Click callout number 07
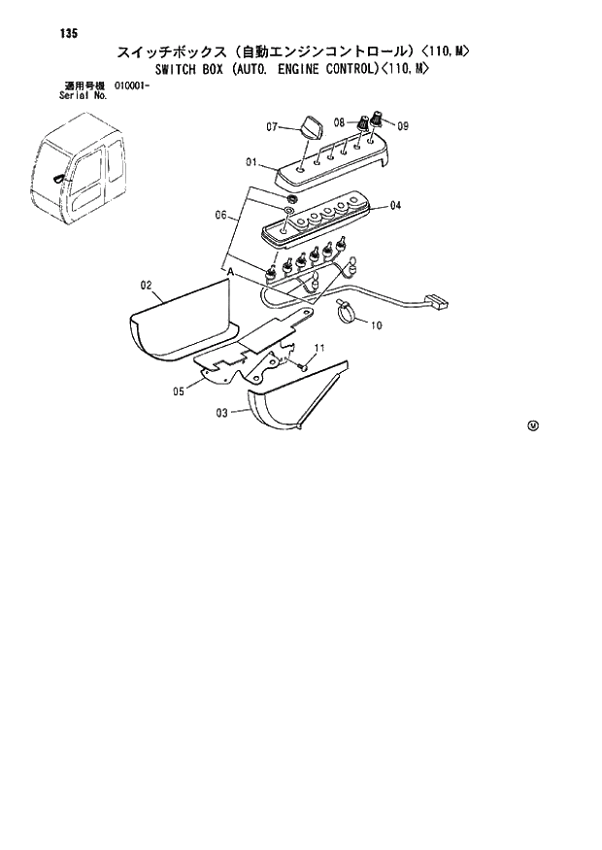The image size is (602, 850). point(273,126)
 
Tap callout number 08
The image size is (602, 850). point(339,122)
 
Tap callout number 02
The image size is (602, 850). point(147,285)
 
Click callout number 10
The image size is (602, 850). point(376,325)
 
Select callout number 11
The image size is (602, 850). point(318,348)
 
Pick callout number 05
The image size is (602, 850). point(179,391)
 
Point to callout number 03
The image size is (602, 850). point(221,413)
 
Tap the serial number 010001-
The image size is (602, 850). point(131,85)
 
